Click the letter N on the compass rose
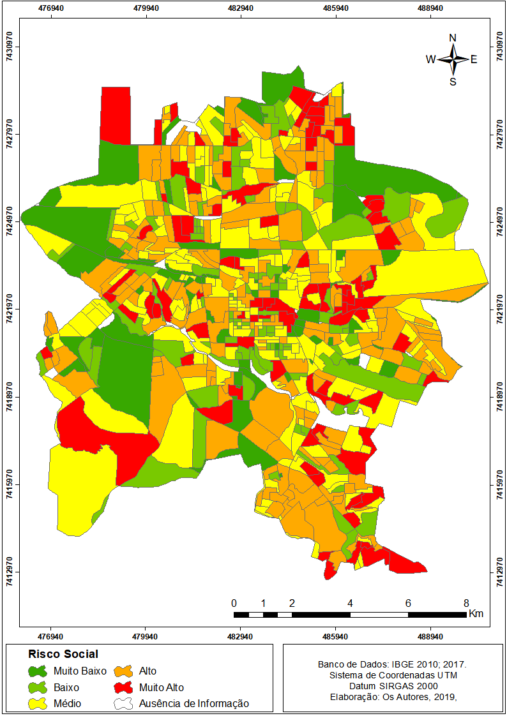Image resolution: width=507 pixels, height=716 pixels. tap(453, 38)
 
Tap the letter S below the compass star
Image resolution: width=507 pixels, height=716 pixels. tap(453, 82)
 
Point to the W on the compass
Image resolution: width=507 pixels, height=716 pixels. tap(431, 59)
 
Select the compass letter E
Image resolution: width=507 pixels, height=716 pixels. tap(474, 59)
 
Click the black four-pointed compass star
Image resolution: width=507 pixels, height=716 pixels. tap(453, 59)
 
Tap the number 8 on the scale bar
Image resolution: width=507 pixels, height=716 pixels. tap(466, 603)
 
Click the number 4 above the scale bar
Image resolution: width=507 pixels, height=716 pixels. tap(351, 603)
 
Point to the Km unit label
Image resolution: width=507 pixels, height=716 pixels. tap(476, 614)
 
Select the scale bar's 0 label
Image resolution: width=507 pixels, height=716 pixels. tap(234, 603)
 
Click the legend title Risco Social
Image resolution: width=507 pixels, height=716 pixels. tap(63, 654)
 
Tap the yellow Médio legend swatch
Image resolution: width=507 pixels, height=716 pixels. tap(38, 704)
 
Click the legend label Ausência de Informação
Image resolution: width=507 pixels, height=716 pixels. tap(193, 704)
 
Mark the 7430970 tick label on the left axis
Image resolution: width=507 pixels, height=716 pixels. tap(10, 47)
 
